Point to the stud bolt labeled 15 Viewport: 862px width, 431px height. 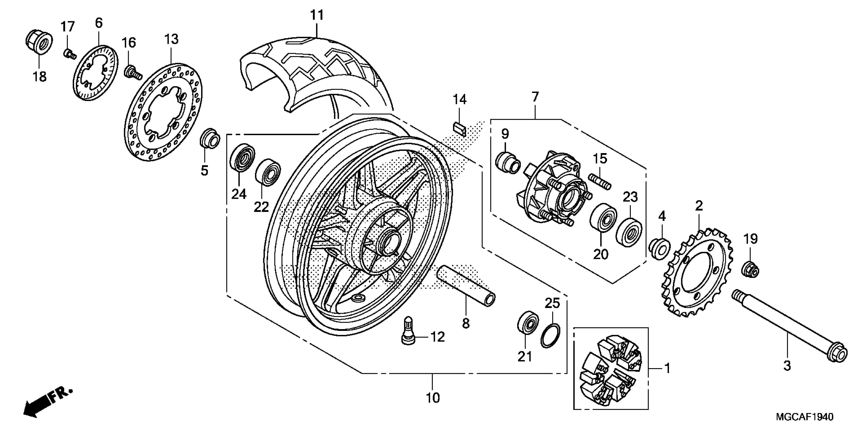pos(601,181)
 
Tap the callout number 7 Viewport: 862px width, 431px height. pos(535,97)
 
